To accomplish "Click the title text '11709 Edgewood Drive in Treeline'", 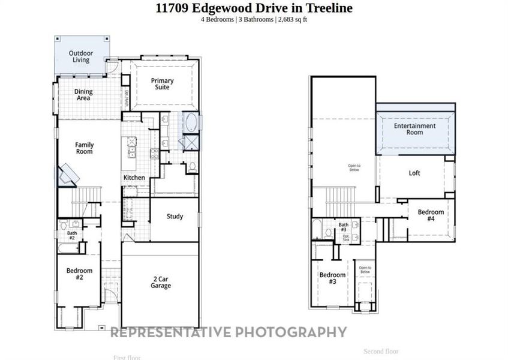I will pos(254,8).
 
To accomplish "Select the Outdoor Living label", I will pos(80,56).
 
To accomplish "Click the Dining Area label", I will pos(83,95).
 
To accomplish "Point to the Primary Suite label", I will pos(162,84).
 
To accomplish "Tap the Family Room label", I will pos(84,148).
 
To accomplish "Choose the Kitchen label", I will pos(134,178).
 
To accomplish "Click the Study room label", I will pos(175,217).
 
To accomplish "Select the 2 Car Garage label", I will pos(161,283).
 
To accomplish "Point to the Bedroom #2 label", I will pos(79,274).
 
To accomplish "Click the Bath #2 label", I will pos(72,235).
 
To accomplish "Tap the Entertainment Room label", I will pos(414,129).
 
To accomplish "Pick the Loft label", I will pos(414,173).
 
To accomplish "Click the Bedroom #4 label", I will pos(431,215).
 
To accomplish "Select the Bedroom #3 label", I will pos(332,278).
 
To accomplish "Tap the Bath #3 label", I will pos(343,227).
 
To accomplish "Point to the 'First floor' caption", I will pos(127,358).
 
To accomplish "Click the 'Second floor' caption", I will pos(381,351).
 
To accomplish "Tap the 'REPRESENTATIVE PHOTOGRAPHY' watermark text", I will pos(229,332).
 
